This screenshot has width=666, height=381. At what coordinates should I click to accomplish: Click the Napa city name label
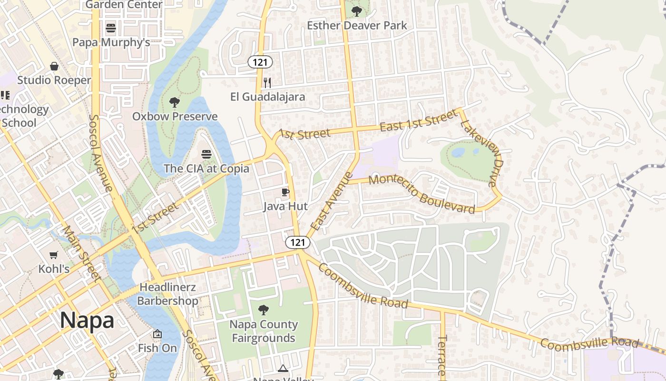click(87, 321)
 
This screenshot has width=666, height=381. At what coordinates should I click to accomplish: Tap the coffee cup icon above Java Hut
click(285, 192)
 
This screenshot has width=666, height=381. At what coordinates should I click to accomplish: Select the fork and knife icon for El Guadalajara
click(267, 83)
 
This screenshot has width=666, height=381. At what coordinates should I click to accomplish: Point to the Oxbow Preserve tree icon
click(175, 102)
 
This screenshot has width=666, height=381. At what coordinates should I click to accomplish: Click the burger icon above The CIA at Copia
click(206, 154)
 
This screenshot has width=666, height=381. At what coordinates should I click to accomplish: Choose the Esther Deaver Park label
click(357, 25)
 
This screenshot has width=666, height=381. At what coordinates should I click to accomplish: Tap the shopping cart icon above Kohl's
click(54, 255)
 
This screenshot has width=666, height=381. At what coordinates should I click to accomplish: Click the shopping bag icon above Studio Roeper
click(54, 66)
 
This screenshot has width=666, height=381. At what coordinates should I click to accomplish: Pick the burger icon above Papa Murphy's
click(111, 28)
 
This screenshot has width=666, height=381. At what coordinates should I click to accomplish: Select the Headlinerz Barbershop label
click(167, 294)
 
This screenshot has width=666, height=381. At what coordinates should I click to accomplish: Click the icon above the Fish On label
click(157, 334)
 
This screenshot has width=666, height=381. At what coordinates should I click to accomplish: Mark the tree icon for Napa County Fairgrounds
click(263, 311)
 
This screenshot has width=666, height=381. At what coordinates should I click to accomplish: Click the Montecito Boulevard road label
click(421, 194)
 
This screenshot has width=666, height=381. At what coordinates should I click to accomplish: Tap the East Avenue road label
click(332, 201)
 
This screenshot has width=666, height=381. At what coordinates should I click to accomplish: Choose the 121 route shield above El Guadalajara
click(260, 62)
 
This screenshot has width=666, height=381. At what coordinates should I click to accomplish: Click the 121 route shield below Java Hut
click(298, 242)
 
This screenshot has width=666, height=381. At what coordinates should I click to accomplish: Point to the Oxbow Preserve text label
click(175, 117)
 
